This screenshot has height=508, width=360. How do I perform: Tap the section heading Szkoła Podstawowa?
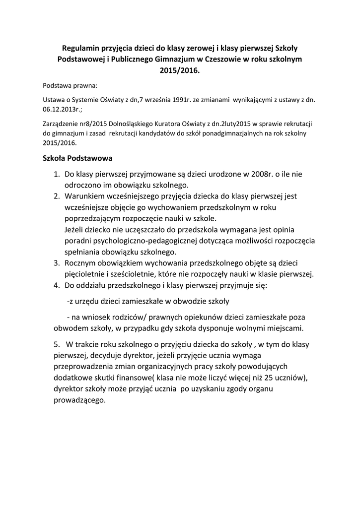[x=78, y=159]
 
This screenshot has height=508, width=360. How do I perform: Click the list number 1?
[x=56, y=174]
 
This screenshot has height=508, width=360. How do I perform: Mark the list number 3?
[x=56, y=262]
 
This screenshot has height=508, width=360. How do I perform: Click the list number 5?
[x=56, y=344]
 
